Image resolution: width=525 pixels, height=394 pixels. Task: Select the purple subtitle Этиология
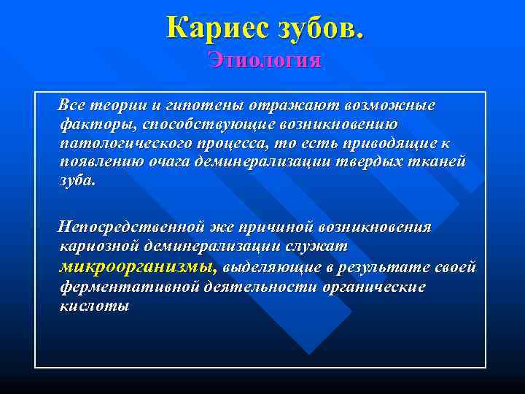click(264, 59)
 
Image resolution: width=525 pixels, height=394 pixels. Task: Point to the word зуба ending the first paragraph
click(77, 180)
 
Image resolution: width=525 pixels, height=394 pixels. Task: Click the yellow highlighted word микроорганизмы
click(137, 266)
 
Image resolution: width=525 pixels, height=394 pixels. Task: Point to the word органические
click(373, 286)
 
